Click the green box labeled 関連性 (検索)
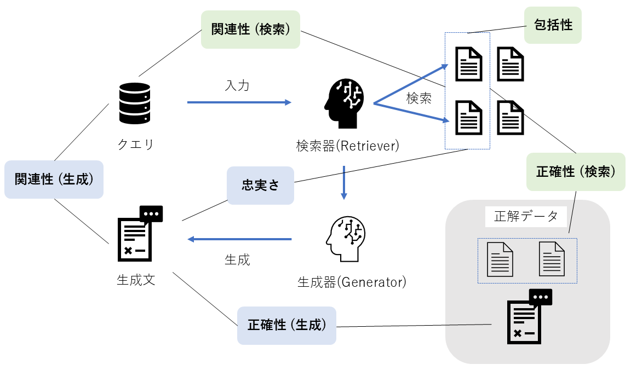(x=251, y=30)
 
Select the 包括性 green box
(x=553, y=25)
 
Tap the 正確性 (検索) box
(x=576, y=172)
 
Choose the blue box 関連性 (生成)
(x=54, y=179)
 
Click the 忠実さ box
(x=260, y=186)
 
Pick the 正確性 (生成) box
(x=286, y=325)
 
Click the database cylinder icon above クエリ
(x=134, y=103)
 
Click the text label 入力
(x=237, y=85)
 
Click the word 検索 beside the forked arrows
(x=419, y=99)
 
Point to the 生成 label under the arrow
(x=237, y=260)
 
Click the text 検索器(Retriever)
(x=347, y=146)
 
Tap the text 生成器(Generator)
(x=352, y=282)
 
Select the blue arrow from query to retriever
(x=239, y=102)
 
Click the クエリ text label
(x=135, y=144)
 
